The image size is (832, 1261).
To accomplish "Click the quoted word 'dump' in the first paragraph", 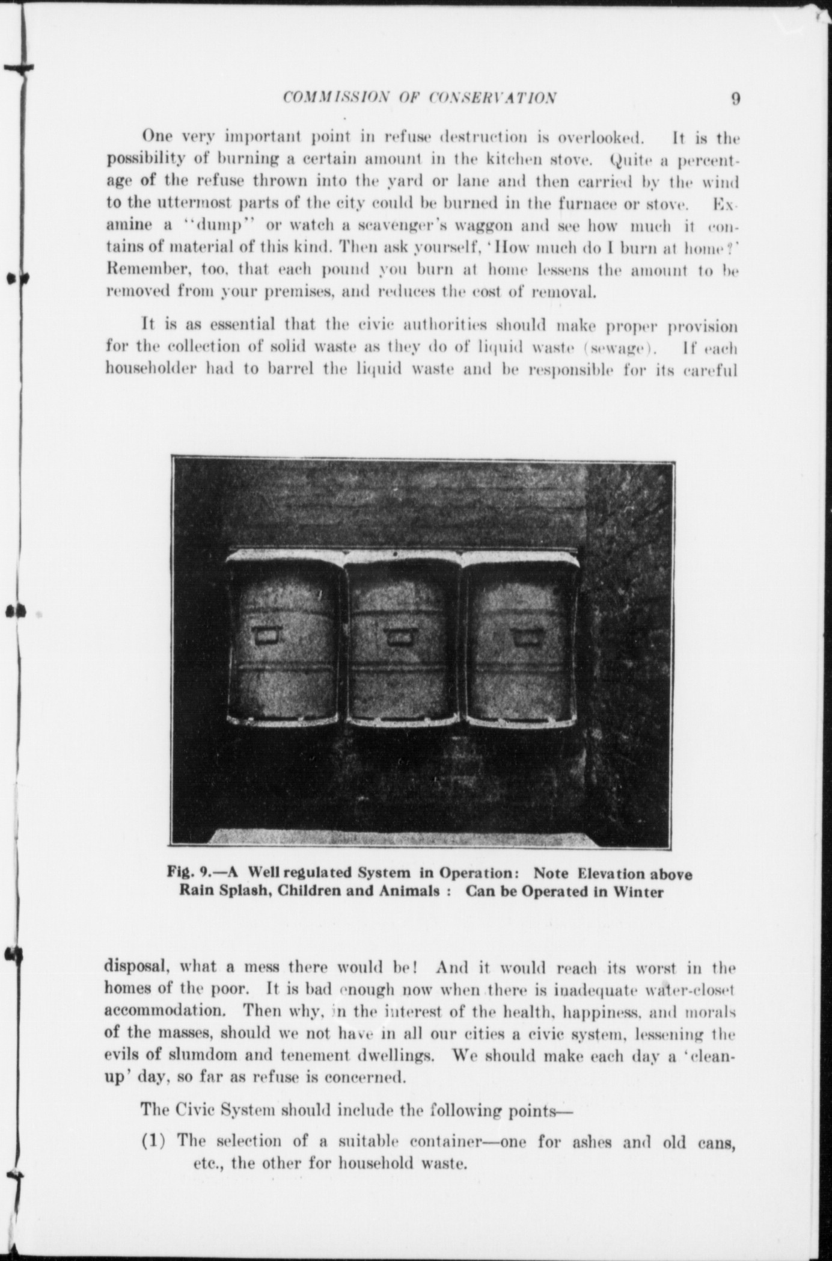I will point(217,226).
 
